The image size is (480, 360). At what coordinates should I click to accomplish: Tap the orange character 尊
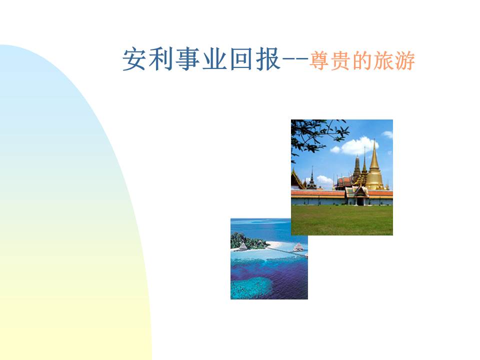pos(318,62)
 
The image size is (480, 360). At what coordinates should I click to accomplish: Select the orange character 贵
pos(339,62)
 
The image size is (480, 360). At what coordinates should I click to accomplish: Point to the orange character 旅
pos(382,62)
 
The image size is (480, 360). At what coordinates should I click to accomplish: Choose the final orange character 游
pos(404,62)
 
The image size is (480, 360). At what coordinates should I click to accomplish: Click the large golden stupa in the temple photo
pos(373,167)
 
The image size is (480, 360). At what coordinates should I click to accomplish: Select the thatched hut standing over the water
pos(298,247)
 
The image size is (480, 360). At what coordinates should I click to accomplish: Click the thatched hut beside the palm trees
pos(243,246)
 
